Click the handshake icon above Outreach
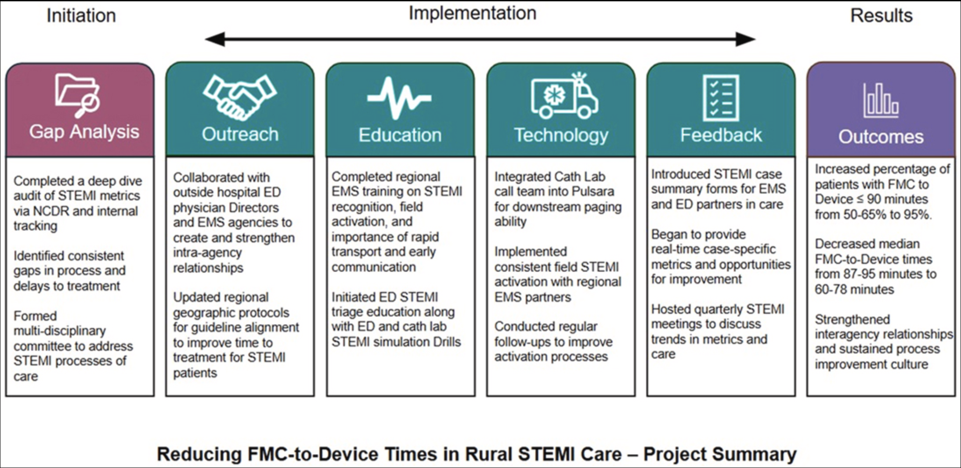239,97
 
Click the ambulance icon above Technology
564,96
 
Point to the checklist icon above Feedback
721,98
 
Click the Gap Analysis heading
84,132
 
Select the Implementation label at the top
473,13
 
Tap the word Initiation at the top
81,16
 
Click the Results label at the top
881,16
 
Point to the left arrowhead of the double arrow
215,39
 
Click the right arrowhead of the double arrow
745,39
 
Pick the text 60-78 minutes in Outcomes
854,289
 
